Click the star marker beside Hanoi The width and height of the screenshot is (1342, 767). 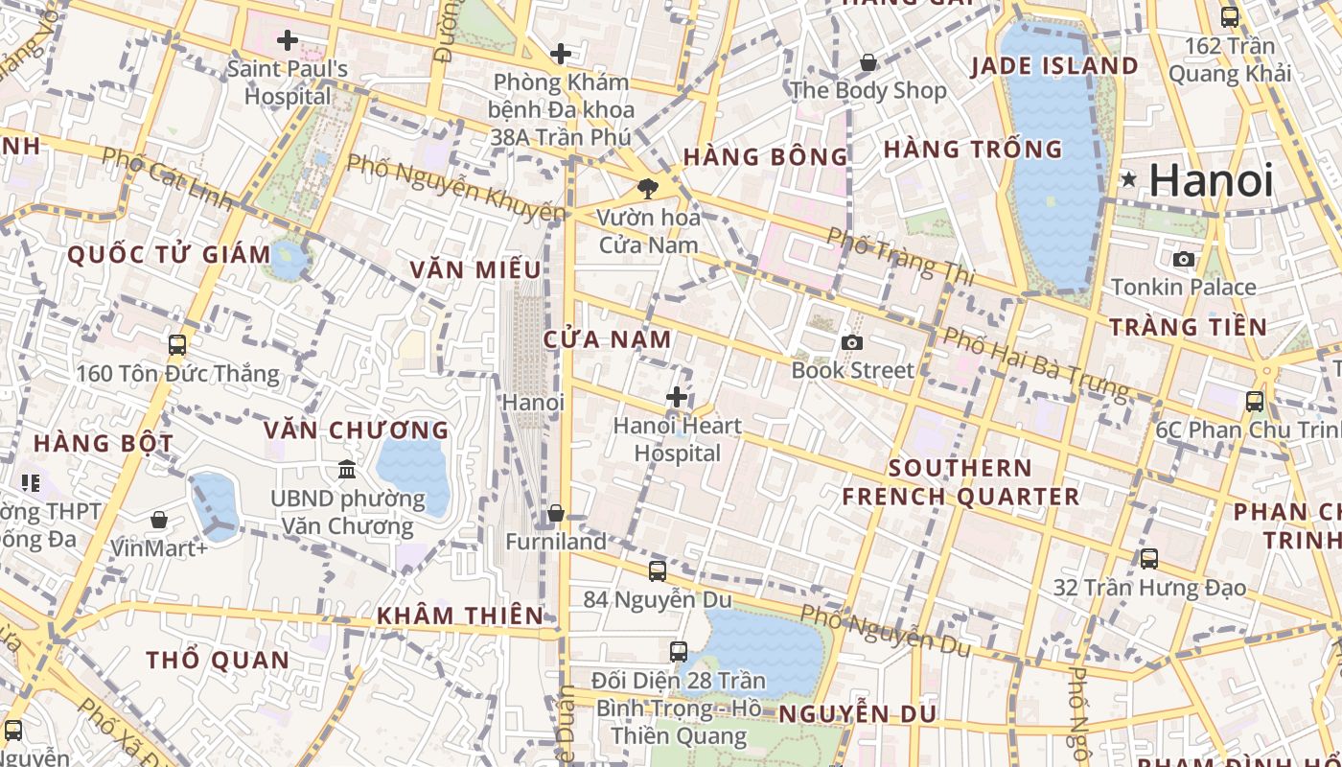click(x=1129, y=179)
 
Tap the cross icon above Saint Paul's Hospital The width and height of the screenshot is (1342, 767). click(x=287, y=40)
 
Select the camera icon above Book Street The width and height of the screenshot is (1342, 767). click(x=851, y=342)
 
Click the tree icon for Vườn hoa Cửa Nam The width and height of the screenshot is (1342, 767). click(x=648, y=188)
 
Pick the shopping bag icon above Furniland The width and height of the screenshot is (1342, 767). click(x=556, y=514)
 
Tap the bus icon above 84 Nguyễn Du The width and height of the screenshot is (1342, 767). click(x=657, y=571)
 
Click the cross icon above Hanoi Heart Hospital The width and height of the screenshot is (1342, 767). click(x=677, y=396)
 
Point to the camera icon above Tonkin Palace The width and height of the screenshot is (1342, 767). click(x=1183, y=259)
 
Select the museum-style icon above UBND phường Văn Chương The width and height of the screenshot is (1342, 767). click(x=347, y=470)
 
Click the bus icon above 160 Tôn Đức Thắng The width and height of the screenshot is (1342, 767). click(x=177, y=345)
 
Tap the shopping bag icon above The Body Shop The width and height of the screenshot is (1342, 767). click(x=868, y=62)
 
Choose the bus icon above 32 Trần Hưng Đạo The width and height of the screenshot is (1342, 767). click(x=1148, y=558)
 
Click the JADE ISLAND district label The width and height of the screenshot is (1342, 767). click(x=1053, y=66)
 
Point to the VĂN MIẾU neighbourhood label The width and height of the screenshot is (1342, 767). click(x=475, y=270)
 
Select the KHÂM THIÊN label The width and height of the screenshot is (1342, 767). click(x=460, y=616)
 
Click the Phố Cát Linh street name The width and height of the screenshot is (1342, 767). click(x=166, y=178)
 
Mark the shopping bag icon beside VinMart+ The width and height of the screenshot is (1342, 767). click(x=159, y=520)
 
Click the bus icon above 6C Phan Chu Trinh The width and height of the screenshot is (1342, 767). click(x=1254, y=402)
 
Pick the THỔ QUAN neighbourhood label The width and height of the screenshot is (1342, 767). click(x=218, y=660)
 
